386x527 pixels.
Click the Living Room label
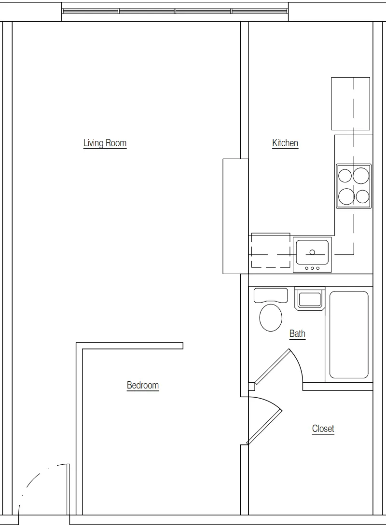(105, 143)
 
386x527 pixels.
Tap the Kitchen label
(285, 143)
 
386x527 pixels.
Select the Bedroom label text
(143, 385)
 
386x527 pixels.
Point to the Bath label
(297, 333)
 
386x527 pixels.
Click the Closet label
(323, 429)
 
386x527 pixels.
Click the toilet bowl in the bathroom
(271, 318)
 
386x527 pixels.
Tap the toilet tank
(271, 295)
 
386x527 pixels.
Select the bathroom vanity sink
(310, 299)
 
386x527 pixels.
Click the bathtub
(349, 335)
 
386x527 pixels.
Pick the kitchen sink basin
(313, 252)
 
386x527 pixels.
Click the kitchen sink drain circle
(313, 252)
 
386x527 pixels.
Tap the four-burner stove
(354, 186)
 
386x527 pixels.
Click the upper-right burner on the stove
(361, 176)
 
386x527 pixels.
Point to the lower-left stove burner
(346, 196)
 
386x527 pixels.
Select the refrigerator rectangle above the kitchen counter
(351, 103)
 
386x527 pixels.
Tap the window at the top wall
(175, 12)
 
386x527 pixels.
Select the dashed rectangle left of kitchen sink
(271, 250)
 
